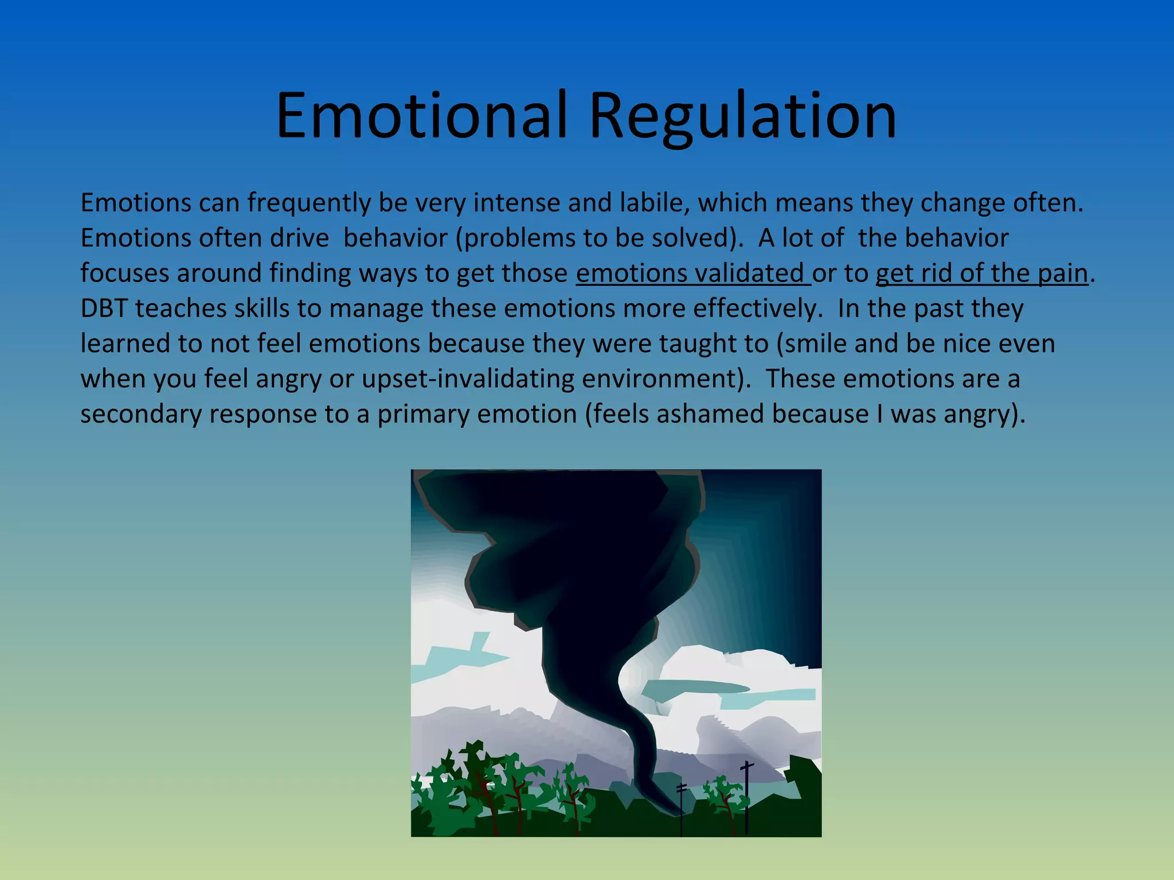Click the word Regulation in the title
click(x=742, y=116)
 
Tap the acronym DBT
click(x=104, y=308)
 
